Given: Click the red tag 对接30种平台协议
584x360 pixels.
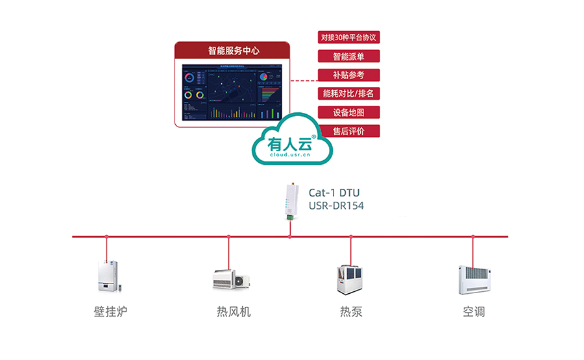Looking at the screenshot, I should (x=348, y=37).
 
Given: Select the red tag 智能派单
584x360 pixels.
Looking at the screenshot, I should (x=348, y=56).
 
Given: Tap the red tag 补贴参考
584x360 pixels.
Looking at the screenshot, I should (x=348, y=75).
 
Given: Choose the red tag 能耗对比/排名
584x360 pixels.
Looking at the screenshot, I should (x=348, y=93).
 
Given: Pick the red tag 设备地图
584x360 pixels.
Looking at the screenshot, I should (x=348, y=112).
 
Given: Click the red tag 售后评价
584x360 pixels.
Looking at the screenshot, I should (x=348, y=131).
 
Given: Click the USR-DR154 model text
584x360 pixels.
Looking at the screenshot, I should (x=336, y=206).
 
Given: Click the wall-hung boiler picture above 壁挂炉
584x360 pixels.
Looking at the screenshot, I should (x=107, y=276).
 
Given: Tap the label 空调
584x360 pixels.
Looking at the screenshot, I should (x=473, y=312).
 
